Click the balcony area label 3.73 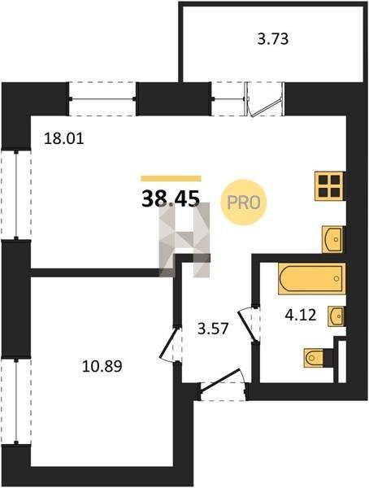pos(273,40)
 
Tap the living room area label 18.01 pos(64,138)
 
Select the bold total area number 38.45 pos(171,199)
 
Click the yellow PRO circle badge pos(244,203)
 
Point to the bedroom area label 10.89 pos(102,366)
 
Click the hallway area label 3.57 pos(213,329)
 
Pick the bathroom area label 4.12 pos(301,315)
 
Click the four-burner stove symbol pos(330,186)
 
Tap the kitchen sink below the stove pos(333,239)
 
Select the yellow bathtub pos(312,279)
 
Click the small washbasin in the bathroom pos(336,316)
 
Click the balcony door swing pos(266,99)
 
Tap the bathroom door pos(249,324)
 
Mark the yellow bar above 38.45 pos(171,178)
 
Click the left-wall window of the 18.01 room pos(16,195)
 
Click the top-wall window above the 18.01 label pos(102,99)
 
